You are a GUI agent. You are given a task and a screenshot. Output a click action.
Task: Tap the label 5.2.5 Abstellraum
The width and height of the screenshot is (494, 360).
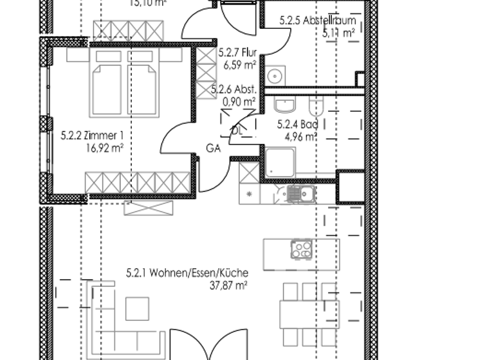(x=318, y=21)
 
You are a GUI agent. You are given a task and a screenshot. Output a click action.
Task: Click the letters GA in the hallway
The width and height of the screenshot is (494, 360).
(x=214, y=147)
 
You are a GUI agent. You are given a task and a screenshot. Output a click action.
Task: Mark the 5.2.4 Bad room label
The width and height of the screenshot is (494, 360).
(x=297, y=125)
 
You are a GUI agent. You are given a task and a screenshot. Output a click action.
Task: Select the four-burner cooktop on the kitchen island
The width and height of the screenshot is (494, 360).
(x=301, y=249)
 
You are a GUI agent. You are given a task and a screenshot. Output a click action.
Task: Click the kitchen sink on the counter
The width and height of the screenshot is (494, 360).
(x=297, y=194)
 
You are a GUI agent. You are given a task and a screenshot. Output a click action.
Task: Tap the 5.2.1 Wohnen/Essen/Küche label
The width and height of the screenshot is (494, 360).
(x=187, y=273)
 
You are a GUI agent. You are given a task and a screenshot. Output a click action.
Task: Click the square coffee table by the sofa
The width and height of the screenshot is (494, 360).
(x=137, y=309)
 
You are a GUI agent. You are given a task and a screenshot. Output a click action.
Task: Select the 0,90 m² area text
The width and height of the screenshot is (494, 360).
(x=239, y=102)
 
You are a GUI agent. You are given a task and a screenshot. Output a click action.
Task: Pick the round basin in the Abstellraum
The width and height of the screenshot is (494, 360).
(x=273, y=75)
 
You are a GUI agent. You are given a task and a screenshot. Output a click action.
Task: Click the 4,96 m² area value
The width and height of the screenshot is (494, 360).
(x=302, y=136)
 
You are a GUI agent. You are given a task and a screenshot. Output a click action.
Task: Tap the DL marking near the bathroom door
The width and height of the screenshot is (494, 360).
(x=236, y=130)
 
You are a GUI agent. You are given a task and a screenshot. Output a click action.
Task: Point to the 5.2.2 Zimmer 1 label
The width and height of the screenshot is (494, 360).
(x=91, y=136)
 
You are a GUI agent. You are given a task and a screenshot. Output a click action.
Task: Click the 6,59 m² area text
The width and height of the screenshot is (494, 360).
(x=240, y=65)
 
